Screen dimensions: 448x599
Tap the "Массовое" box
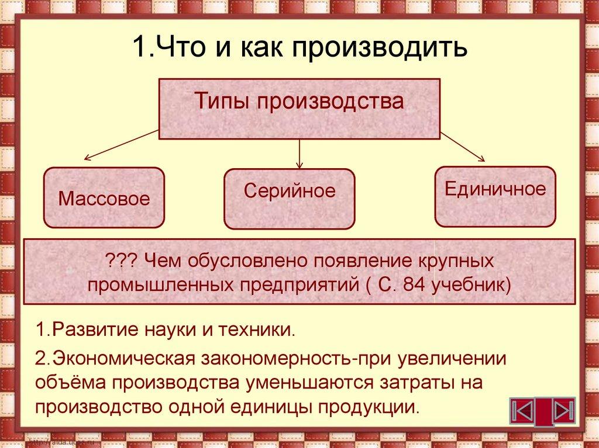104,197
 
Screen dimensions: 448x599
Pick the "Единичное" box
495,196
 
